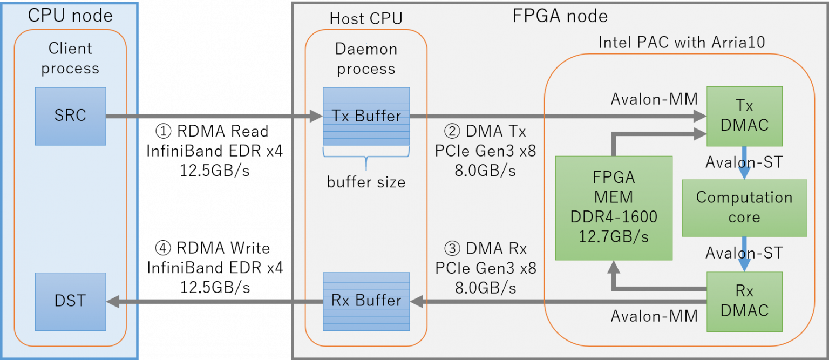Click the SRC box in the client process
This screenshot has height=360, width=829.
pyautogui.click(x=70, y=116)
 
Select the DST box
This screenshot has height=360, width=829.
pyautogui.click(x=70, y=301)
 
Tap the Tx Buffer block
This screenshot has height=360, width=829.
pyautogui.click(x=366, y=116)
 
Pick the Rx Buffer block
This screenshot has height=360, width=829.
pyautogui.click(x=366, y=301)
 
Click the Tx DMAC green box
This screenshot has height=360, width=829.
pyautogui.click(x=744, y=116)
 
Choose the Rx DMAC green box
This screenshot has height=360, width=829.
pyautogui.click(x=744, y=301)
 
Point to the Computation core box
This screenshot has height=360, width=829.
pyautogui.click(x=744, y=208)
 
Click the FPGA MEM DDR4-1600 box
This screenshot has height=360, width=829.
pyautogui.click(x=614, y=208)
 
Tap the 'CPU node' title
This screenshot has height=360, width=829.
pyautogui.click(x=70, y=16)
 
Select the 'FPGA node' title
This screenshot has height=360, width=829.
pyautogui.click(x=560, y=16)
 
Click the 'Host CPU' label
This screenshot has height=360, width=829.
pyautogui.click(x=366, y=19)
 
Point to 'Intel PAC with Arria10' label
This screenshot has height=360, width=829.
pyautogui.click(x=681, y=43)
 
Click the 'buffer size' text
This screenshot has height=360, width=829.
pyautogui.click(x=366, y=182)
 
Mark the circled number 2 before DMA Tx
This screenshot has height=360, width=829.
pyautogui.click(x=452, y=131)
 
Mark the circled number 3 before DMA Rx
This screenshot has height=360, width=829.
pyautogui.click(x=452, y=249)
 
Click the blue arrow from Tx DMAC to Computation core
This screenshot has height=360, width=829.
pyautogui.click(x=744, y=164)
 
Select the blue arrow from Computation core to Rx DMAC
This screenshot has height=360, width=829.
pyautogui.click(x=744, y=254)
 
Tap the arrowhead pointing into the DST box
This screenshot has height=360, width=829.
pyautogui.click(x=112, y=301)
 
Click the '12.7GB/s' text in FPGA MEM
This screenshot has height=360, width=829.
pyautogui.click(x=614, y=236)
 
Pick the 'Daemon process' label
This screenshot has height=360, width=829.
pyautogui.click(x=366, y=59)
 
